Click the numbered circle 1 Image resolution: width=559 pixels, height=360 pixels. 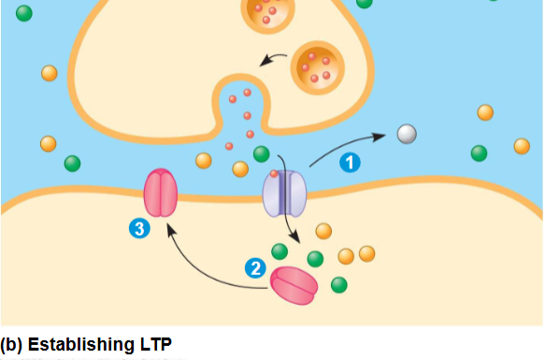350,162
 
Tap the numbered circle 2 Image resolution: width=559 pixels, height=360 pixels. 254,267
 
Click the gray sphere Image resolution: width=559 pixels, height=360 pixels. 406,134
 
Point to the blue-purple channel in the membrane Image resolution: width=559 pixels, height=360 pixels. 284,193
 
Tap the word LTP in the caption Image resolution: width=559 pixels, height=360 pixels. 155,343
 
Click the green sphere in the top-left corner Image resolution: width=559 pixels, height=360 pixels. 24,13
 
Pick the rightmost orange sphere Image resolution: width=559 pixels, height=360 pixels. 522,146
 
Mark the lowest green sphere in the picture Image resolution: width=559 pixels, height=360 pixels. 338,284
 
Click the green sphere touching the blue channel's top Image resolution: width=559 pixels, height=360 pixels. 262,154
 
